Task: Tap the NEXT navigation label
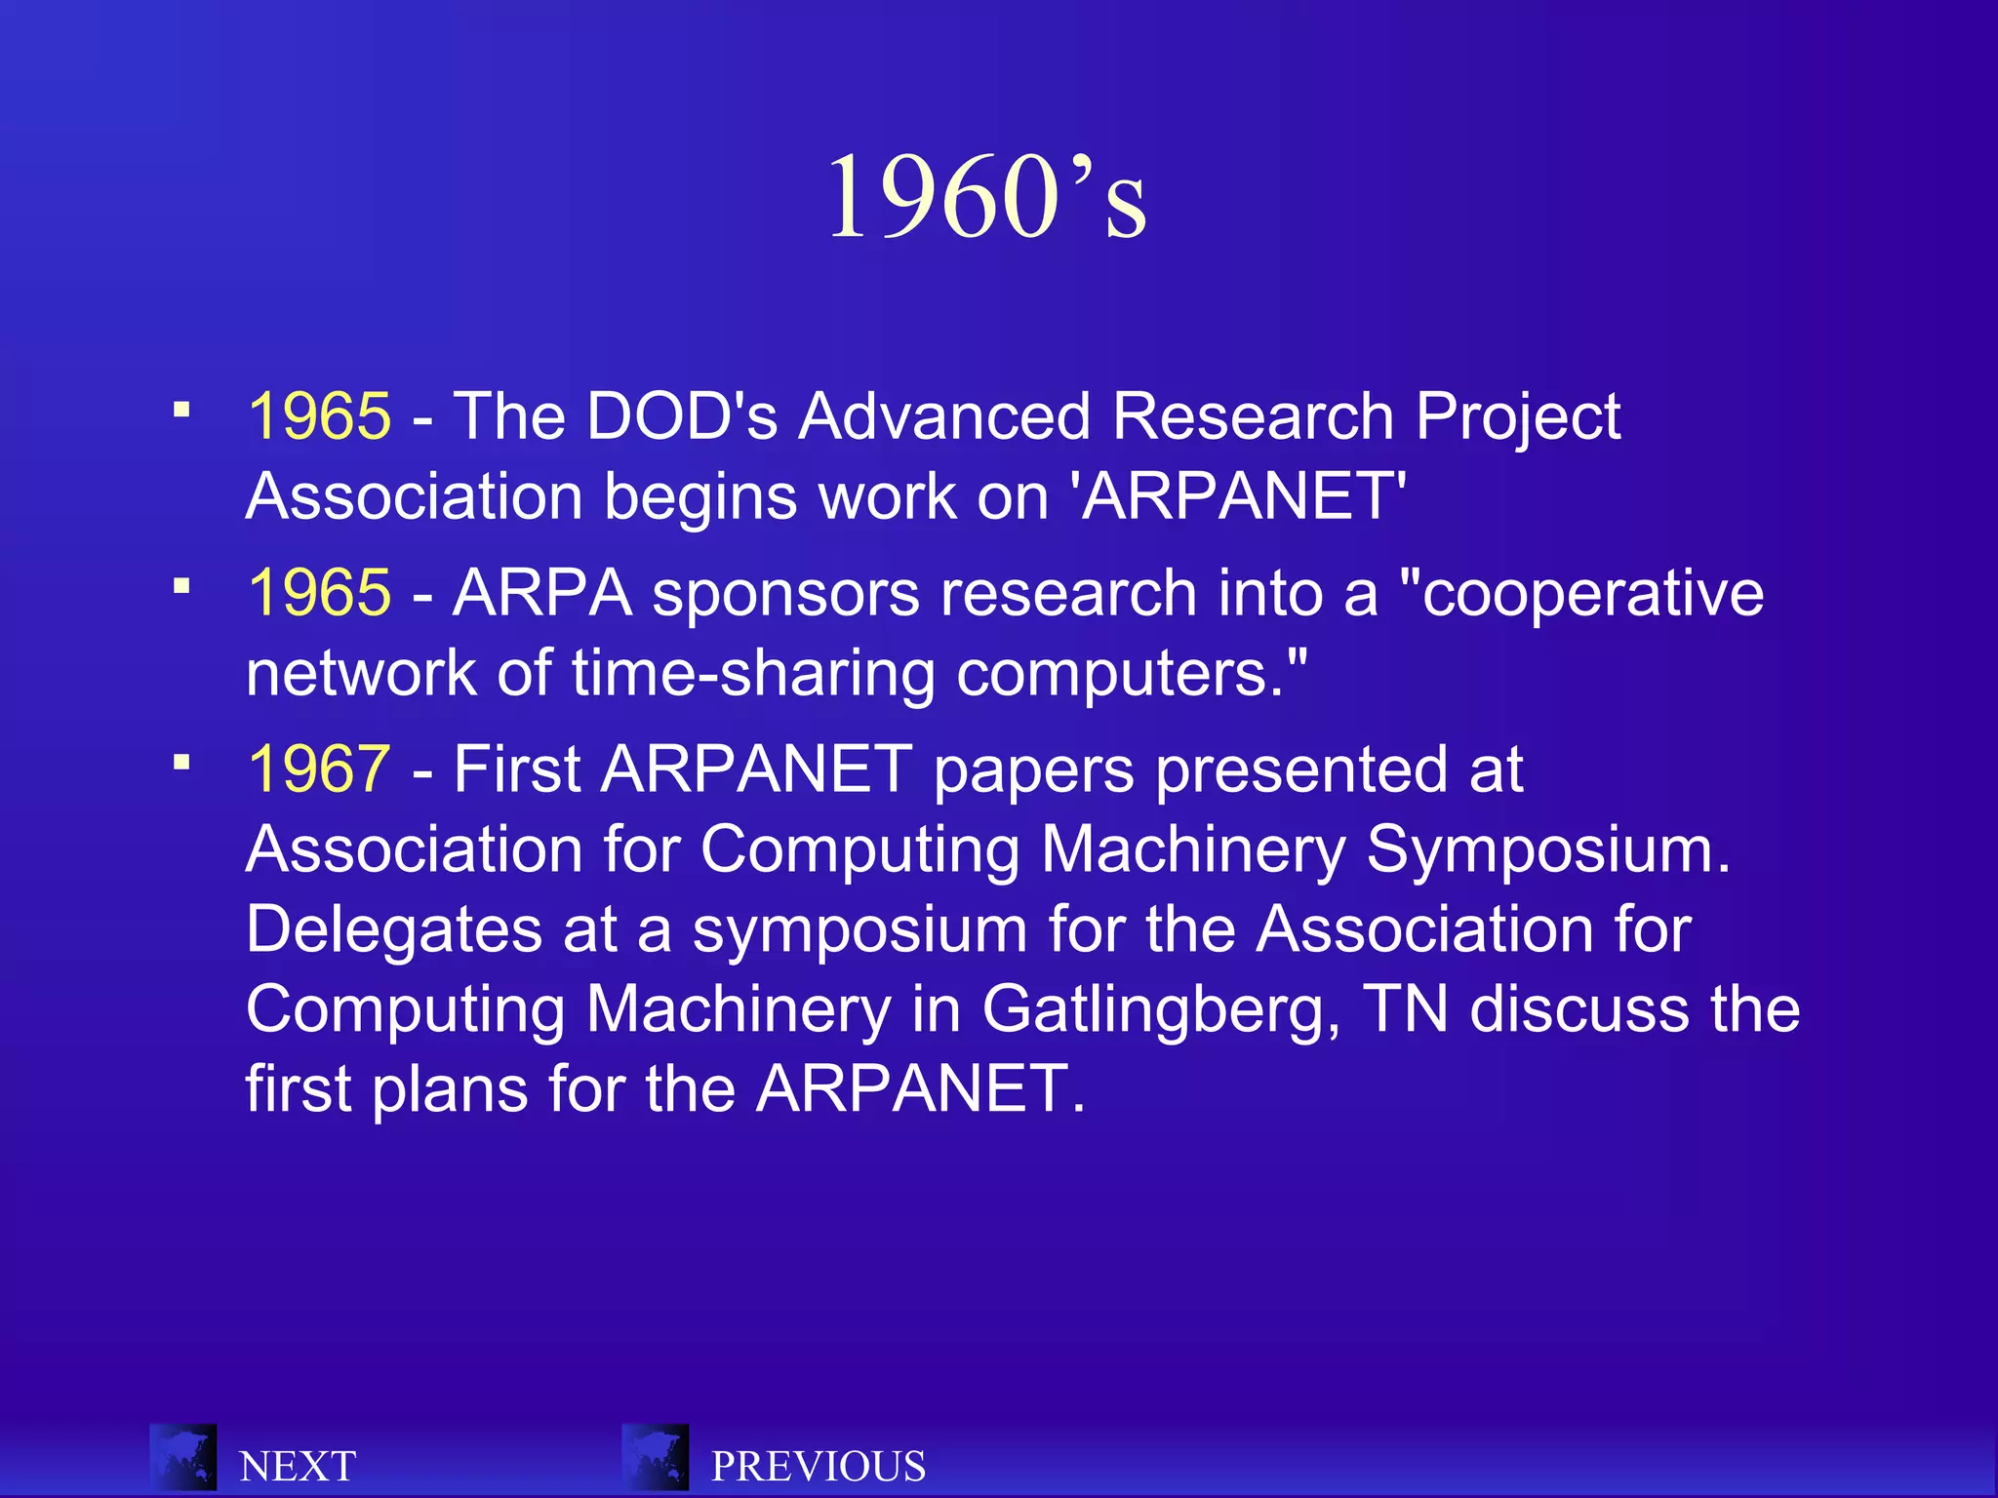(298, 1466)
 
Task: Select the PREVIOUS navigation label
(818, 1466)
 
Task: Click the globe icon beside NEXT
(183, 1457)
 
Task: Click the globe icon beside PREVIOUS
(656, 1457)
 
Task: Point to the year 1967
(319, 769)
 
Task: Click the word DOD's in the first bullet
(682, 416)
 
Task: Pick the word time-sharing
(753, 674)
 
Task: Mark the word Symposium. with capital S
(1547, 849)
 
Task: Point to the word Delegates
(393, 929)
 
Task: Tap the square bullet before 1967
(181, 761)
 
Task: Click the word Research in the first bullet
(1253, 416)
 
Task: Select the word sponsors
(785, 593)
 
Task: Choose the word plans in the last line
(450, 1088)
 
